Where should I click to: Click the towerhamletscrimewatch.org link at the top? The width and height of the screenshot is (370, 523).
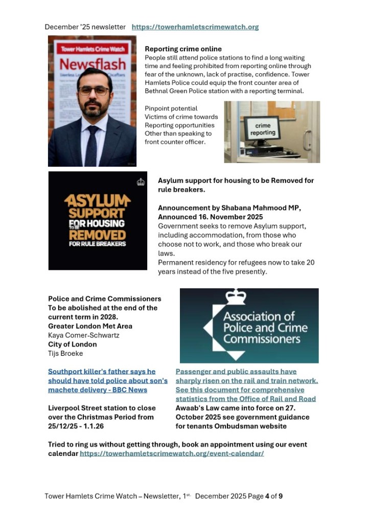(195, 27)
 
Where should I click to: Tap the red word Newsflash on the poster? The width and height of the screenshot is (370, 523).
(92, 64)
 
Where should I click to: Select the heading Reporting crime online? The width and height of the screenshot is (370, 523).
(183, 49)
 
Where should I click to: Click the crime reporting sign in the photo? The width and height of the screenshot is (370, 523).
(263, 128)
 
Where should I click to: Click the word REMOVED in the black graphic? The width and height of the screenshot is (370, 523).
(98, 235)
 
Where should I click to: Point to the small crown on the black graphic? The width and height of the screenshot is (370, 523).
(141, 181)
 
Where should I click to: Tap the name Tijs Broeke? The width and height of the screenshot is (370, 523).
(65, 353)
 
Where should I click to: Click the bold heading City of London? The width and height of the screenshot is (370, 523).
(72, 344)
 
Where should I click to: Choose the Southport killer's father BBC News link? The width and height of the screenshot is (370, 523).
(108, 380)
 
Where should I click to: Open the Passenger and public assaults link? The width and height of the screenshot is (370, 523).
(247, 385)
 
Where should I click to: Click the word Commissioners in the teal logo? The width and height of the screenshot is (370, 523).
(261, 338)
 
